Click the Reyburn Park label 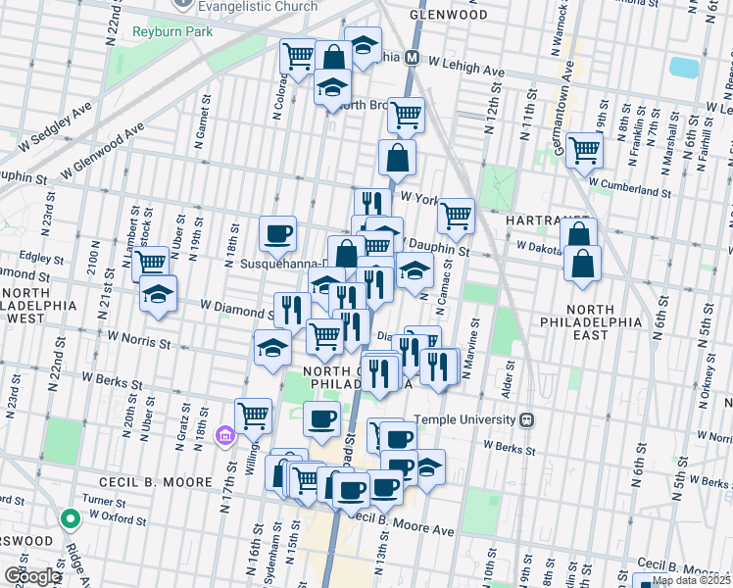tap(147, 32)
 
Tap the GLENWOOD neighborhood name tap(449, 16)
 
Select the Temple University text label tap(465, 419)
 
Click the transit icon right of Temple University tap(527, 419)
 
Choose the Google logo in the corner tap(31, 575)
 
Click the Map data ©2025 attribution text tap(690, 580)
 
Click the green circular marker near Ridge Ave tap(69, 518)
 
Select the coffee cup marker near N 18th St tap(278, 234)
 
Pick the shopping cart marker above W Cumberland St tap(584, 151)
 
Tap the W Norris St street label tap(139, 341)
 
